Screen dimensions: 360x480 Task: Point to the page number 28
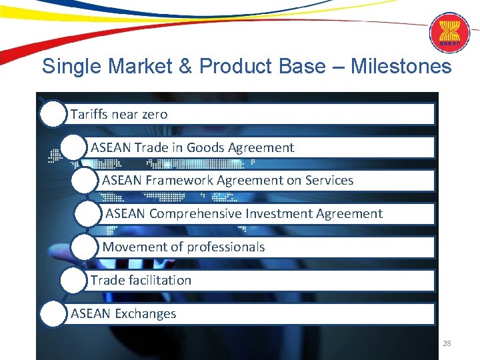point(447,343)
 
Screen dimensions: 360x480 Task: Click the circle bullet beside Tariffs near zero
point(53,115)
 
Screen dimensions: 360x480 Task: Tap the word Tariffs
point(89,115)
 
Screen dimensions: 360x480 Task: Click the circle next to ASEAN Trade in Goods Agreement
point(73,148)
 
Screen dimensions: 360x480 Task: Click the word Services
point(329,181)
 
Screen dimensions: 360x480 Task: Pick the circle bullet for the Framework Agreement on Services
point(85,181)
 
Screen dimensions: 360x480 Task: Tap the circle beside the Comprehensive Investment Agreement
point(88,214)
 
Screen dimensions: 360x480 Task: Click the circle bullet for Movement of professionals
point(85,247)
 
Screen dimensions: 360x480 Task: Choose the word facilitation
point(159,281)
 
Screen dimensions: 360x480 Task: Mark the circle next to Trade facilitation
point(73,281)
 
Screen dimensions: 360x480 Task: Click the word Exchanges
point(145,314)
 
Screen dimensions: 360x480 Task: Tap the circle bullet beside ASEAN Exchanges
point(53,314)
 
